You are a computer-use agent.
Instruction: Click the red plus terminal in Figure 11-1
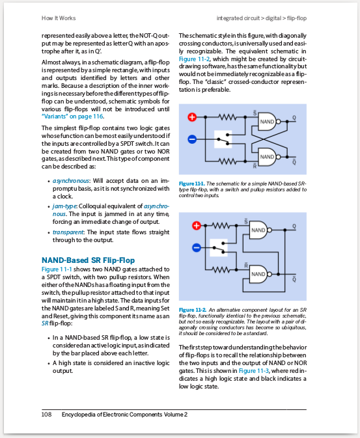(192, 117)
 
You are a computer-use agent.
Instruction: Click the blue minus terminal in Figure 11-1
(192, 139)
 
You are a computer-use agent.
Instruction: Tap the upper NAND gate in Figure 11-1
(268, 122)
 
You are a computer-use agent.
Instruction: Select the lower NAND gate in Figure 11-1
(268, 157)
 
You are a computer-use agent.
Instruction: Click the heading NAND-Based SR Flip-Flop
(88, 260)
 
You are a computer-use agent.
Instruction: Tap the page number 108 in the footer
(46, 414)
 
